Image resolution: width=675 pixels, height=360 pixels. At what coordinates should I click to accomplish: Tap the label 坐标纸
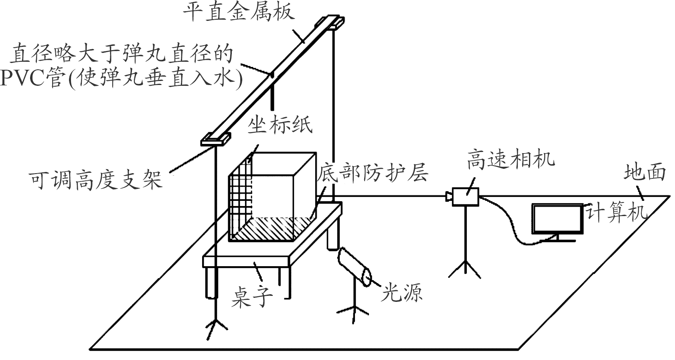(x=280, y=125)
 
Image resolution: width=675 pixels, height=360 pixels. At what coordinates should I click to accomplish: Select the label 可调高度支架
(x=96, y=179)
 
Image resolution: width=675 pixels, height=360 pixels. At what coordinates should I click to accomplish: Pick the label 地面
(x=645, y=172)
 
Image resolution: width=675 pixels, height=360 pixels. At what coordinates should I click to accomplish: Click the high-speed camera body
(x=465, y=197)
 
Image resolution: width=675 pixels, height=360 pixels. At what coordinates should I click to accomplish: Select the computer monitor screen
(x=557, y=219)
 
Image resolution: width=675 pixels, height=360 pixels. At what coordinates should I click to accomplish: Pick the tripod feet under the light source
(x=353, y=312)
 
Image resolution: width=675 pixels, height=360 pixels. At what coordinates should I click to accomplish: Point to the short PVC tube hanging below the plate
(x=273, y=96)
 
